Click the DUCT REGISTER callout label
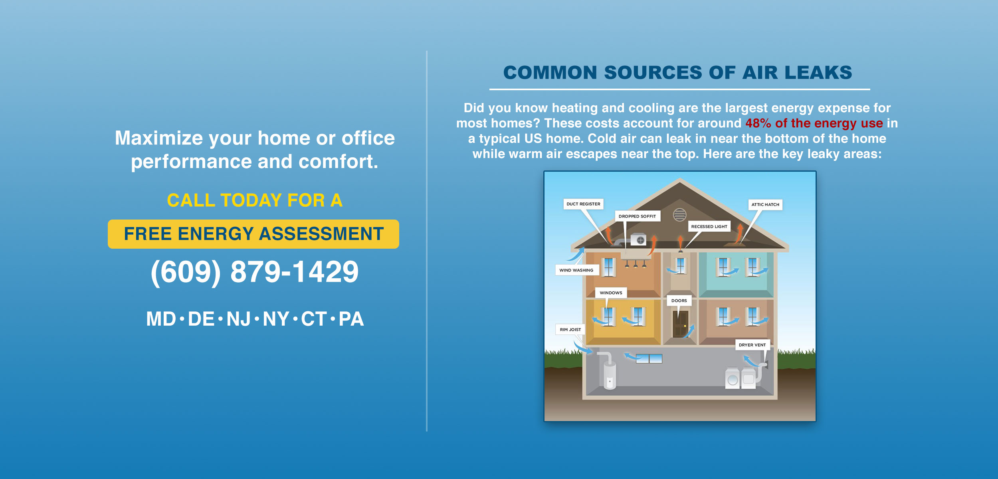(583, 204)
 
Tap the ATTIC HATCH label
(765, 205)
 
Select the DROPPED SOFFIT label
(638, 216)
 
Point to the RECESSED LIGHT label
(709, 227)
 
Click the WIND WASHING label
(576, 270)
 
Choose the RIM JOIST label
(570, 330)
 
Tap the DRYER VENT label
(752, 345)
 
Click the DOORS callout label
(679, 301)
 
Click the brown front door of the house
(680, 324)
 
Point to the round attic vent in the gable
(680, 215)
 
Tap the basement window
(649, 359)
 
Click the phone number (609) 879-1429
(255, 272)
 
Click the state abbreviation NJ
(239, 319)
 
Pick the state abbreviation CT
(314, 319)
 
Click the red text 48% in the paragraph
(758, 123)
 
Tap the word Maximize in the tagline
(159, 138)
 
